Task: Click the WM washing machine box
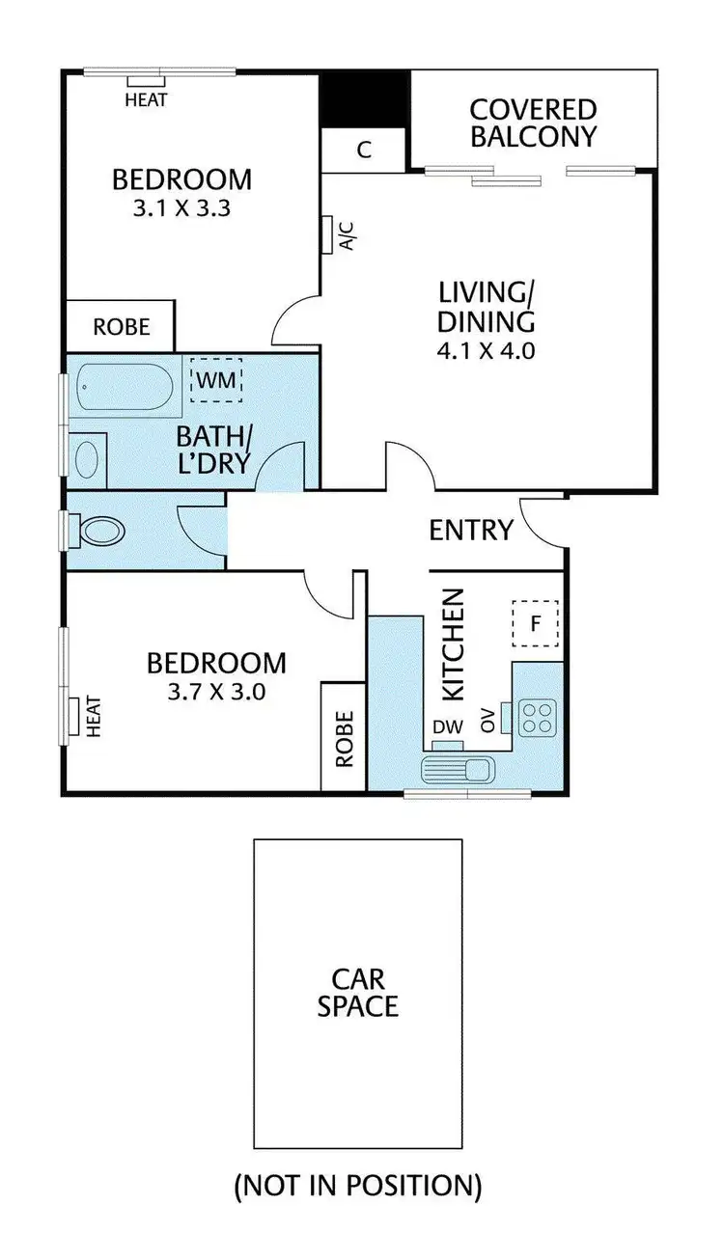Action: click(216, 380)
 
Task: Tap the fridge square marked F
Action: click(535, 623)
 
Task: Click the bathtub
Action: click(125, 388)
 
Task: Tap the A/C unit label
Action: click(348, 234)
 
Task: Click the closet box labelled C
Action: click(364, 151)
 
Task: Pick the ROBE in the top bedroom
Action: click(121, 327)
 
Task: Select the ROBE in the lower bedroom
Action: click(344, 738)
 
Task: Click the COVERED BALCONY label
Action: click(533, 123)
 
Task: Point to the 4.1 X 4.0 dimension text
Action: click(486, 349)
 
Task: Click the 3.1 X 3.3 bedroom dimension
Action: click(181, 207)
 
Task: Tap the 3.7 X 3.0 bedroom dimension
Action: click(216, 691)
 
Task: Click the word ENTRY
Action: click(470, 530)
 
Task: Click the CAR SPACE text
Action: click(358, 993)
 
